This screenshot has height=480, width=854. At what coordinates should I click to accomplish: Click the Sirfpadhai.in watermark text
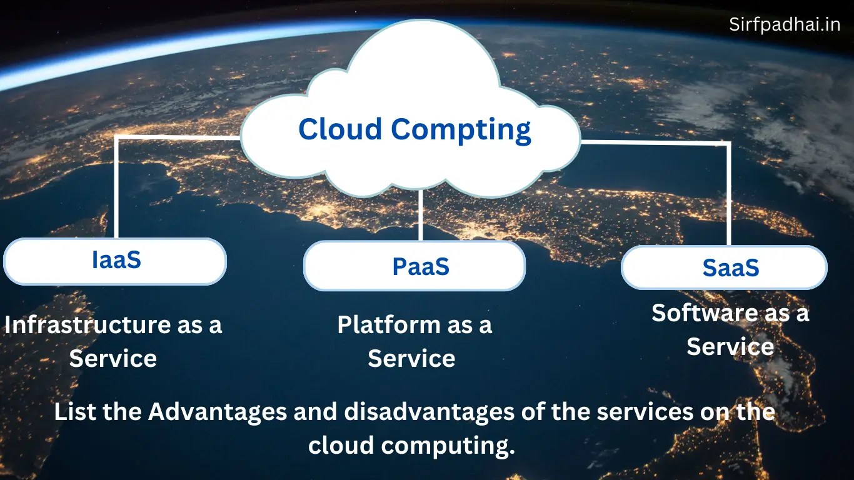click(785, 24)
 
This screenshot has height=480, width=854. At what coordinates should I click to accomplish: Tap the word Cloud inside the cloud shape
click(340, 129)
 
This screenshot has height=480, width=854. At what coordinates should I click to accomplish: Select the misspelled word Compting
click(461, 130)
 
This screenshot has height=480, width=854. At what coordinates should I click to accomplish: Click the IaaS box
click(116, 261)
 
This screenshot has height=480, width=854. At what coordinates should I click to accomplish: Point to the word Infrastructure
click(84, 324)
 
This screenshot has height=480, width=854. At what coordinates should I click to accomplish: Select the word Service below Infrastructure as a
click(113, 358)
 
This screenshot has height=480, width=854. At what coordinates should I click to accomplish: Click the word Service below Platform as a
click(411, 358)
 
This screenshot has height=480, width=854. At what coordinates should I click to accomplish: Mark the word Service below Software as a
click(730, 346)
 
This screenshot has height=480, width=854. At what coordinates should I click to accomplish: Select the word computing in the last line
click(448, 446)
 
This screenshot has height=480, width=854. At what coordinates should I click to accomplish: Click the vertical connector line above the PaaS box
click(421, 216)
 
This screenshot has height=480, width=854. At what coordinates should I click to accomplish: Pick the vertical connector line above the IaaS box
click(117, 187)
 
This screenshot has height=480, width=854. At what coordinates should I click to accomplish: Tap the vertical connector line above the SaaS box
click(728, 194)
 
